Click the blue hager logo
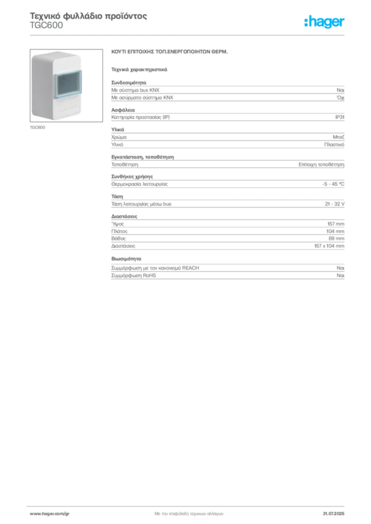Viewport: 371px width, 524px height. click(325, 23)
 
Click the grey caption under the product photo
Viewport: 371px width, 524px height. click(38, 127)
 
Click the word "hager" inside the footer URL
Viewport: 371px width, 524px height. click(50, 513)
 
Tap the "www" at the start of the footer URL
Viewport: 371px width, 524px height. click(34, 513)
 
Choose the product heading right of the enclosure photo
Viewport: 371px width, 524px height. click(169, 53)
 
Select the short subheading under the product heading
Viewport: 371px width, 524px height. click(139, 68)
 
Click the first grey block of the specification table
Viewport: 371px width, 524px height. click(227, 91)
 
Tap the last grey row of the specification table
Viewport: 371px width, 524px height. click(227, 277)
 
